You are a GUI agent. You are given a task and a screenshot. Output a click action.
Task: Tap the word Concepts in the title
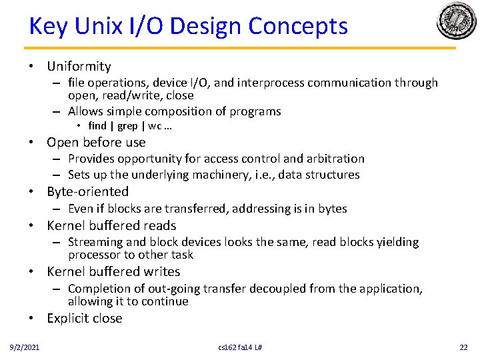point(298,27)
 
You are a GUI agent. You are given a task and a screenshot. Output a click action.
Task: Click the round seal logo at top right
point(456,21)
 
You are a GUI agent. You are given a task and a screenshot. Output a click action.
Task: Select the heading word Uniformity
point(79,66)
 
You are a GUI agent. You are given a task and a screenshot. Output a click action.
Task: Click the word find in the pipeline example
point(97,126)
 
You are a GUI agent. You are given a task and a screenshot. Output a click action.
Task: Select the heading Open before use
point(96,142)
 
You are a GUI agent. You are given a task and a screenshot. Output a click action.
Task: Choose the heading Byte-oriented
point(87,192)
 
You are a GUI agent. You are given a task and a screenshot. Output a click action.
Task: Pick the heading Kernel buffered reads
point(111,225)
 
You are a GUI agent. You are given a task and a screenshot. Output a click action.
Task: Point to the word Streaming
point(93,242)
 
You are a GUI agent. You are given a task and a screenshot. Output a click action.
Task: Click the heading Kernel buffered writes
point(113,271)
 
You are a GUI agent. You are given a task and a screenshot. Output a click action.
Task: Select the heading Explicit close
point(85,318)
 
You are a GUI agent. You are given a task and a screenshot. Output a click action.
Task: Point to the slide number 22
point(464,347)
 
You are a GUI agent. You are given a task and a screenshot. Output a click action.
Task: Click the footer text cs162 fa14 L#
point(240,347)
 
